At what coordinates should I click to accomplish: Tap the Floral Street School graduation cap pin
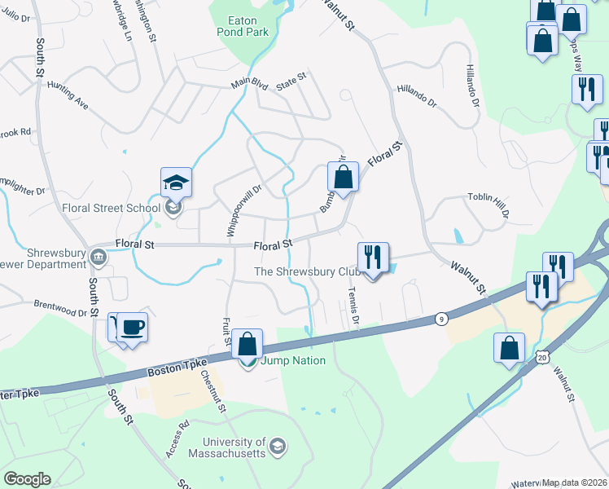coord(176,183)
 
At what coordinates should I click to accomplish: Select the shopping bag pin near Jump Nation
coord(247,345)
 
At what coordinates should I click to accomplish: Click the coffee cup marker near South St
coord(133,328)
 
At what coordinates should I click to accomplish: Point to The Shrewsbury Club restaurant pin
coord(373,258)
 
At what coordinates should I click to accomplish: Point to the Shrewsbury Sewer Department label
coord(45,258)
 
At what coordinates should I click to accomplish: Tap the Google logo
coord(27,479)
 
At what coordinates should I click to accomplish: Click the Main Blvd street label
coord(248,82)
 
